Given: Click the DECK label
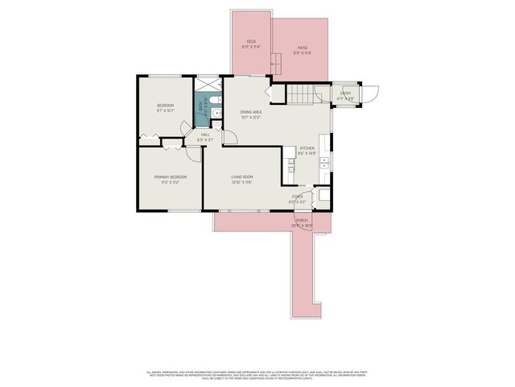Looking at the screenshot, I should coord(251,41).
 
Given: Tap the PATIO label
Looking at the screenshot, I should coord(303,48).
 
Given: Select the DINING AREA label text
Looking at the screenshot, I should coord(251,112).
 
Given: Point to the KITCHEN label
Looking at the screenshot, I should coord(307,148).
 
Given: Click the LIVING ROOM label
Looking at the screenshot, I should coord(242,177).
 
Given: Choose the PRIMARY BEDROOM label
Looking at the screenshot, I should coord(171,177).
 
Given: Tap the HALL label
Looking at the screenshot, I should coord(205,135).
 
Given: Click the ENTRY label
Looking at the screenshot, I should coord(345,94).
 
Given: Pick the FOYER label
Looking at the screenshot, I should coord(297,196).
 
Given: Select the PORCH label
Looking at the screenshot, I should coord(302,220).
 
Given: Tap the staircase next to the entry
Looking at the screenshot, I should coord(305,94).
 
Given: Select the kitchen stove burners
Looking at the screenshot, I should coord(291,169).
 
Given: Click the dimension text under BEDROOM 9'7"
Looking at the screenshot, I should coord(165,110).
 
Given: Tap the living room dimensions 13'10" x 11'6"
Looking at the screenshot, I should coord(242,182).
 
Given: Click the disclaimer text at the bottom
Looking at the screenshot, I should coord(257,374).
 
